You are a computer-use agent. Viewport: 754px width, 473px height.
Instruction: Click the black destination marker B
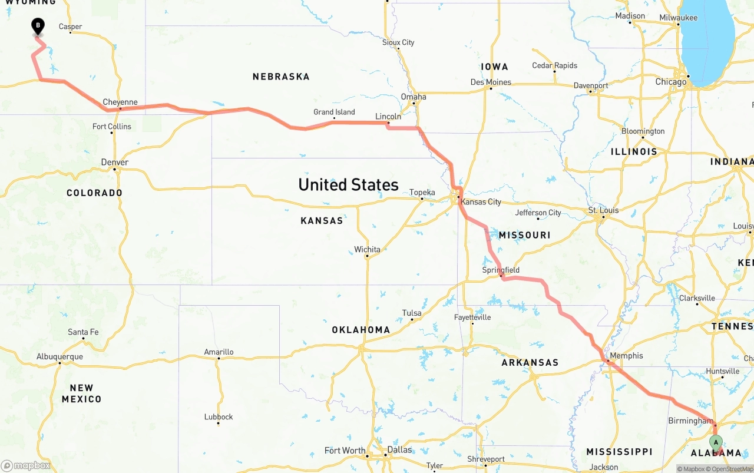pos(38,26)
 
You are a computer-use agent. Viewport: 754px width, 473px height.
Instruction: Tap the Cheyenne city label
pos(120,102)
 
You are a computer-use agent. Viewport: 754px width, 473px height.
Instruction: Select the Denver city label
pos(114,163)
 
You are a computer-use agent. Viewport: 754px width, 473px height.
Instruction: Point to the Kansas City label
pos(481,202)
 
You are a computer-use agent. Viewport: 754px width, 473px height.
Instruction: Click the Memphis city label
pos(626,356)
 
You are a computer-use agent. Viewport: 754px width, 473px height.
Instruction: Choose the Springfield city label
pos(501,270)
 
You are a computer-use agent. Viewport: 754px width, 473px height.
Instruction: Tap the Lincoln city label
pos(388,117)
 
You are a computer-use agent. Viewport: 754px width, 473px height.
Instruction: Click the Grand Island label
pos(334,112)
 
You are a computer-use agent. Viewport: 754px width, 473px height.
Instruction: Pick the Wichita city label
pos(367,250)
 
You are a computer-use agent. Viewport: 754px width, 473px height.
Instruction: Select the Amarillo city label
pos(219,352)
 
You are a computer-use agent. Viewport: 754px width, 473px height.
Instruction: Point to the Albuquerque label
pos(59,357)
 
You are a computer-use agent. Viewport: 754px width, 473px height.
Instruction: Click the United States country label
pos(348,185)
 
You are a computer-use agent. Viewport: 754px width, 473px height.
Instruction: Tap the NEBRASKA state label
pos(281,77)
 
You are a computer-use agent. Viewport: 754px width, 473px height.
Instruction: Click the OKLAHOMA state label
pos(361,330)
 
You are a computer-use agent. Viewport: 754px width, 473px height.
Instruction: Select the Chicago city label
pos(671,82)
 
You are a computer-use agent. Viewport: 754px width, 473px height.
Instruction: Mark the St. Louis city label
pos(603,210)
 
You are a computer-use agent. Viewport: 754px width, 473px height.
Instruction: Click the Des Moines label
pos(491,82)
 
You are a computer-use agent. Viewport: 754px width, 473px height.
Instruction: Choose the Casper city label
pos(71,27)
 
